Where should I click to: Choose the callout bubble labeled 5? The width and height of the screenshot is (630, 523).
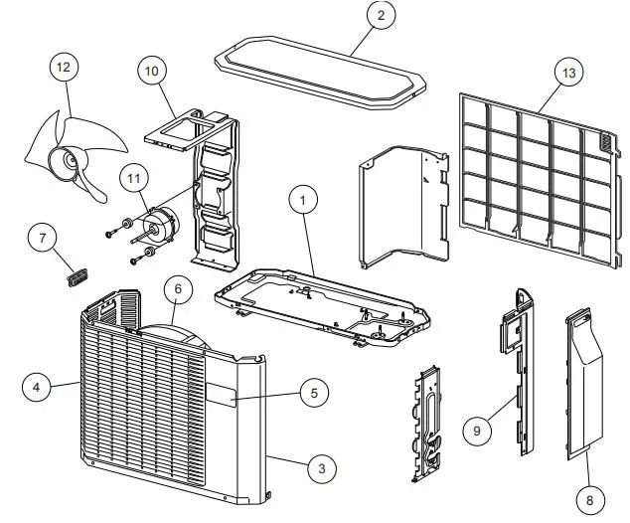313,392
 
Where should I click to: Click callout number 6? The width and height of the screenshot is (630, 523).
177,289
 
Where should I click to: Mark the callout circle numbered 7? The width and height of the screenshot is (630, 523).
42,240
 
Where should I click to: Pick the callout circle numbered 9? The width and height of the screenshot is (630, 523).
477,431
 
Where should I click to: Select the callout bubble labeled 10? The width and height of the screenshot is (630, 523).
151,71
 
